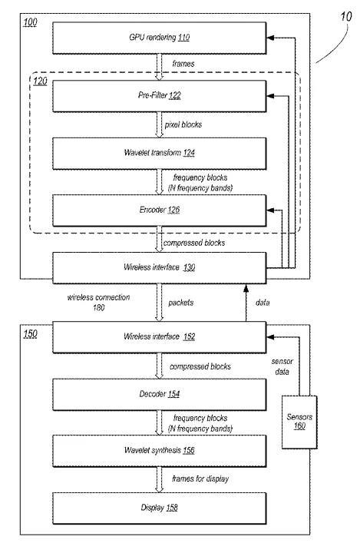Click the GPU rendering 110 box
(160, 38)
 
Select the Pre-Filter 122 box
(160, 96)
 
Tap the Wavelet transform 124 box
(160, 154)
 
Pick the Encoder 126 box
(160, 210)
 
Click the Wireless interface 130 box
(160, 268)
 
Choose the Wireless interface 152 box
(160, 337)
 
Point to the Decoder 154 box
(160, 395)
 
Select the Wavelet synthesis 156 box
(160, 451)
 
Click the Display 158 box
(160, 508)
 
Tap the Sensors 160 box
(299, 422)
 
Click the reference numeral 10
(346, 17)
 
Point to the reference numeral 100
(31, 22)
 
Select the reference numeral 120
(40, 81)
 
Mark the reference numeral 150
(31, 333)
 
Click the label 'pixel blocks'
(183, 124)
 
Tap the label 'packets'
(181, 303)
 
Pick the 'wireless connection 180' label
(99, 303)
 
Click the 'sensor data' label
(282, 366)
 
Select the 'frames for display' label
(200, 478)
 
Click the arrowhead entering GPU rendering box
(270, 38)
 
